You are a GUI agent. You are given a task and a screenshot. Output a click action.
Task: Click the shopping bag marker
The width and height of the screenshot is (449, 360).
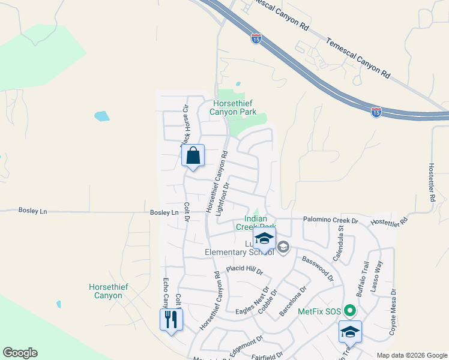click(x=193, y=155)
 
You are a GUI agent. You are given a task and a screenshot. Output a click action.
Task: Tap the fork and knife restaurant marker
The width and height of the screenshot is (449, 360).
click(x=171, y=319)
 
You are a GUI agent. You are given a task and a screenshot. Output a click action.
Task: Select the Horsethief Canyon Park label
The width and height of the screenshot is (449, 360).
click(x=233, y=107)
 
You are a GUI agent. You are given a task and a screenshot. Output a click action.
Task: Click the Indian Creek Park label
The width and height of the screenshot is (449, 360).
click(x=259, y=223)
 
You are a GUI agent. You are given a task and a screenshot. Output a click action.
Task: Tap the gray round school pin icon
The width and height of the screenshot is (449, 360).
click(x=283, y=247)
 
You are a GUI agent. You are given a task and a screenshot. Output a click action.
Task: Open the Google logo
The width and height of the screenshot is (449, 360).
click(x=20, y=353)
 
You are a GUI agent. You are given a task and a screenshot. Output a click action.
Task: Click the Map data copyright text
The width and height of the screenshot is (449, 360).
click(x=411, y=355)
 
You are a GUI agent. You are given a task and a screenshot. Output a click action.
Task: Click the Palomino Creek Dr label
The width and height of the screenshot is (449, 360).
click(x=330, y=221)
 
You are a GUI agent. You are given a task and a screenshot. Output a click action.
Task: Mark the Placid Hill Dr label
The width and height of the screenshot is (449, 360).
click(x=244, y=271)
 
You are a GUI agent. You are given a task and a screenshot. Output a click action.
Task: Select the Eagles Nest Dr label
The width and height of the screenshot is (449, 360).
click(x=252, y=302)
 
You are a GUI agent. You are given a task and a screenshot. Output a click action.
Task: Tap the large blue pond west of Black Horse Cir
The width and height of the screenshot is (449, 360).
click(x=102, y=116)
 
